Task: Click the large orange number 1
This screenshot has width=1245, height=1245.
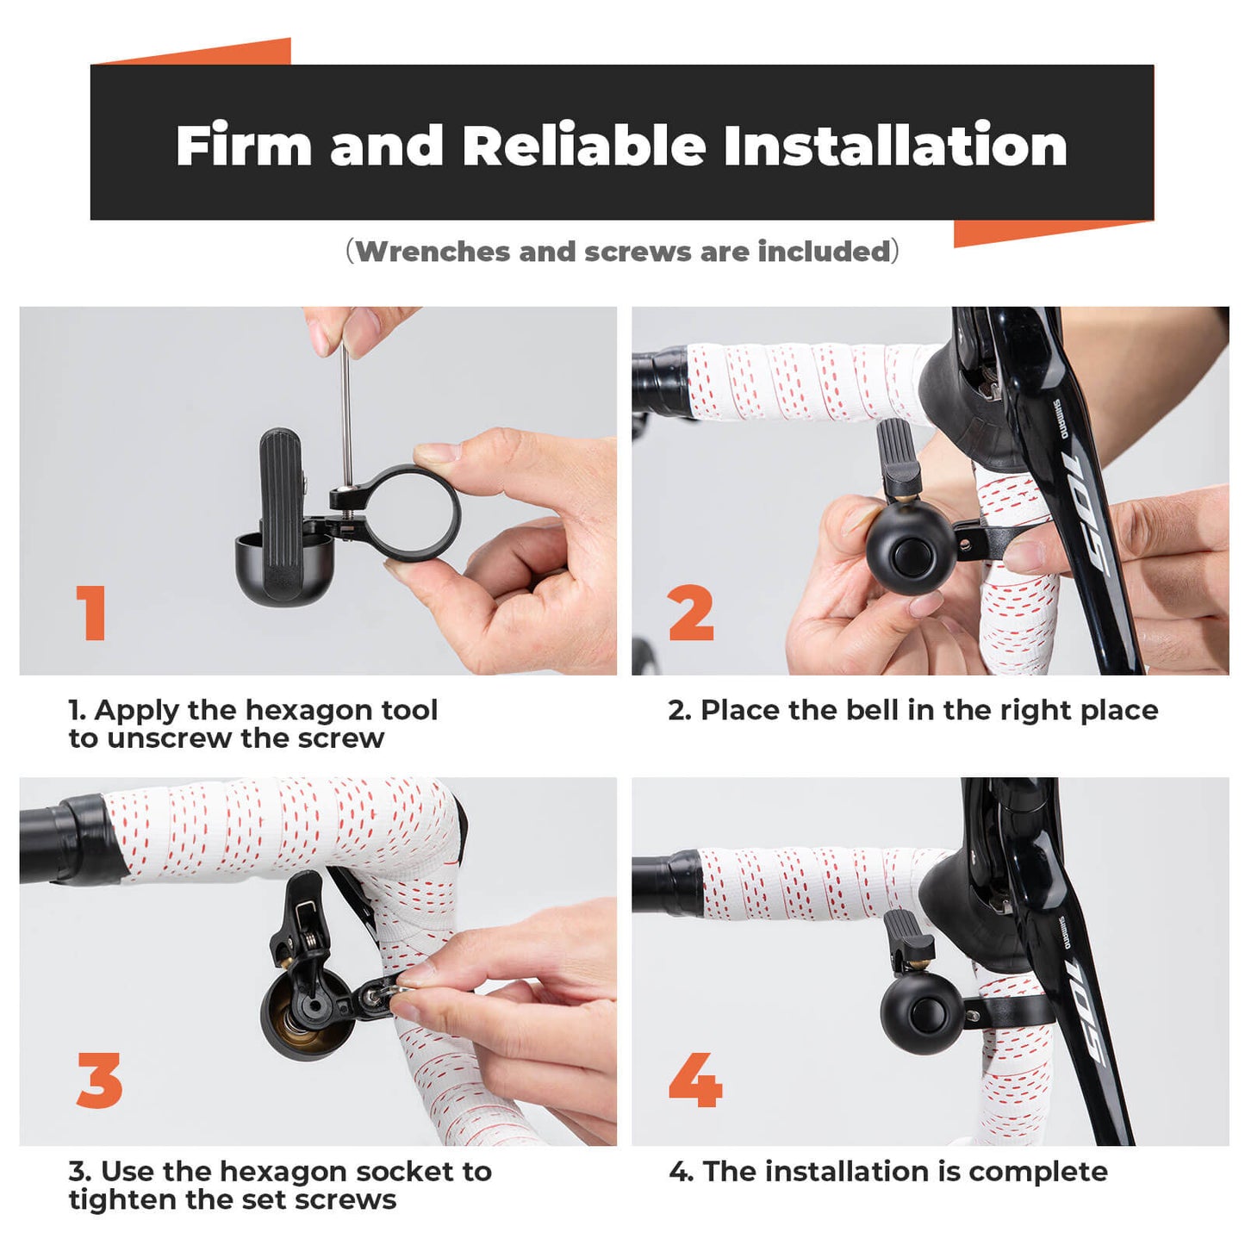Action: (91, 613)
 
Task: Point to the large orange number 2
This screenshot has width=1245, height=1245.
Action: (691, 613)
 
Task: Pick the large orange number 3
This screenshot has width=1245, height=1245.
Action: (99, 1080)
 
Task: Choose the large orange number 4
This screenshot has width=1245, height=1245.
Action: (694, 1080)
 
